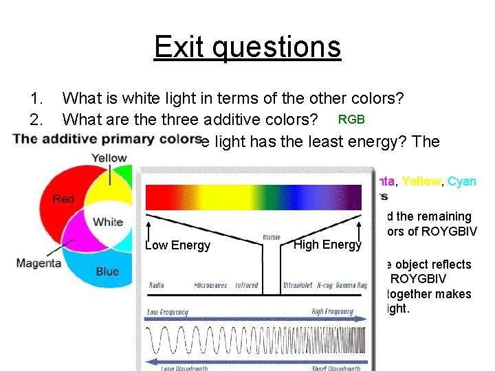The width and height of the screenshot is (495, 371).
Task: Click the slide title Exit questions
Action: (x=247, y=47)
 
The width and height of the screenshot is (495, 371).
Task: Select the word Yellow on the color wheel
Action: (x=111, y=158)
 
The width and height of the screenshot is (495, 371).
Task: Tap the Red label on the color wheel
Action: (x=63, y=199)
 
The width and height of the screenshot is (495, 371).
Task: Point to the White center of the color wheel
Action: (x=108, y=222)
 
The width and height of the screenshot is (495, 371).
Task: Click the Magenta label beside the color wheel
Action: (x=39, y=263)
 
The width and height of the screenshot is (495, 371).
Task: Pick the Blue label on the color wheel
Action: (x=107, y=271)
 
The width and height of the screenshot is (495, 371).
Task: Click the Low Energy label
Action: (x=177, y=246)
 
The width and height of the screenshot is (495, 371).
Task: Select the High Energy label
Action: (x=327, y=245)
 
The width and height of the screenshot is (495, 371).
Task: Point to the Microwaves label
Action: (x=210, y=285)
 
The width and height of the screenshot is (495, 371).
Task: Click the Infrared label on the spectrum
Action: (x=247, y=285)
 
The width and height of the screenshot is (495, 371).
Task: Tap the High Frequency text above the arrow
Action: (x=332, y=312)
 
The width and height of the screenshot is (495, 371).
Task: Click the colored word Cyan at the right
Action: (x=461, y=182)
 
